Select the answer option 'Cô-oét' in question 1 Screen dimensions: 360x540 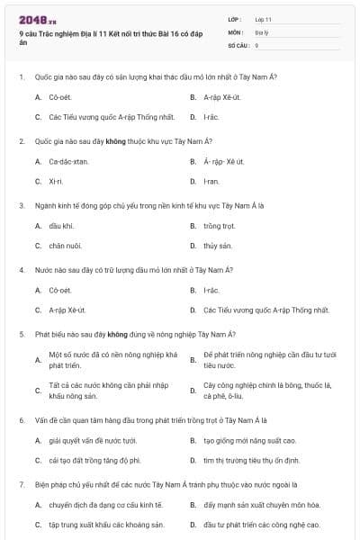coord(61,96)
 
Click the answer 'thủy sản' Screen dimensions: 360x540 coord(218,245)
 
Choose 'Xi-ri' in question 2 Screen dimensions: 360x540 coord(57,181)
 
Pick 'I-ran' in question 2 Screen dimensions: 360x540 coord(211,181)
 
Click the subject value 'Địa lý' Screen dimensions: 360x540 coord(262,31)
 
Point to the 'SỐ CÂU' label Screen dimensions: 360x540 coord(238,44)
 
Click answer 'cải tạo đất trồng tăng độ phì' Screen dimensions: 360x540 coord(94,460)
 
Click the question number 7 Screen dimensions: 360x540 coord(21,484)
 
